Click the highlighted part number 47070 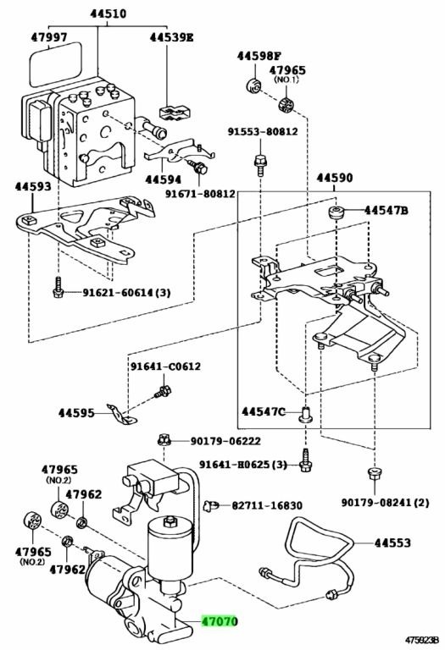(220, 621)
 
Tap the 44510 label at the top (108, 14)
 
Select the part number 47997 (49, 37)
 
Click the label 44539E (171, 37)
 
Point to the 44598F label (259, 56)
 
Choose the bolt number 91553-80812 (263, 131)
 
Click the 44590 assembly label (335, 179)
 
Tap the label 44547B (386, 211)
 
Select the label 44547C (264, 411)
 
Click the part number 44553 (392, 543)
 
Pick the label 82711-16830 (267, 505)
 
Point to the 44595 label (76, 413)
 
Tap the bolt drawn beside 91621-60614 (58, 287)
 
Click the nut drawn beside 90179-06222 (164, 439)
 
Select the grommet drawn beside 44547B (336, 212)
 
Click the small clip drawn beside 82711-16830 (210, 505)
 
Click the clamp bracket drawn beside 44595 (122, 415)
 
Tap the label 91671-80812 (201, 194)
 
